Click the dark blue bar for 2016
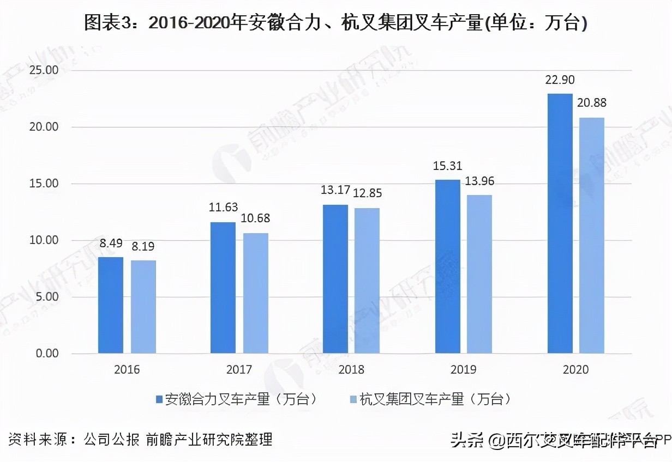(111, 305)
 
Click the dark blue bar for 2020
(560, 223)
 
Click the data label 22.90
(560, 80)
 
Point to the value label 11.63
(224, 207)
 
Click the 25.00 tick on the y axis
(44, 70)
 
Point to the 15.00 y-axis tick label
(44, 184)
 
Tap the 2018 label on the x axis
(351, 369)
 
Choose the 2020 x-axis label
(576, 369)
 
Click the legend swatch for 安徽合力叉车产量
(159, 399)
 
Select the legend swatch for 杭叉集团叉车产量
(353, 399)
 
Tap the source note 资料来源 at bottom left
(140, 439)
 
